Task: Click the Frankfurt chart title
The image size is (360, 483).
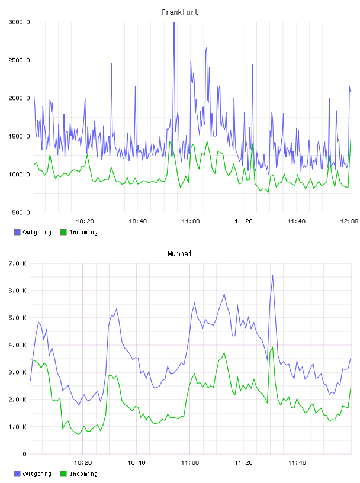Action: point(180,12)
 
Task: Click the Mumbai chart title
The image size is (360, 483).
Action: point(179,254)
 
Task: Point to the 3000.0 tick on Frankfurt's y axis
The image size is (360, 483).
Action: point(19,22)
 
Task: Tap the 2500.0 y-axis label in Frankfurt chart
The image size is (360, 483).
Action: point(19,60)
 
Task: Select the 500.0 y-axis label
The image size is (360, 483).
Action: point(21,212)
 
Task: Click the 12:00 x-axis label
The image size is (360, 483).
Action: point(349,221)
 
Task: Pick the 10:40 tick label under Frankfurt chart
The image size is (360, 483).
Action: point(138,221)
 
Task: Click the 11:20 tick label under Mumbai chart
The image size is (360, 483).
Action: point(243,463)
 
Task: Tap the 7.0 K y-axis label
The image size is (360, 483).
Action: point(17,263)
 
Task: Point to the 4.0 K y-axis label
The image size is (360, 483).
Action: point(17,345)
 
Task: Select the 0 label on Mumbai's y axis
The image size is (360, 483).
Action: point(24,454)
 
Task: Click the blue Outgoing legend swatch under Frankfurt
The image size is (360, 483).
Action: point(17,232)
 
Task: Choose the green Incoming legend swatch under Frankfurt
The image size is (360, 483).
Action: point(63,232)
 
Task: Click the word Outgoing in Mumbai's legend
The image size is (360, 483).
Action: point(37,474)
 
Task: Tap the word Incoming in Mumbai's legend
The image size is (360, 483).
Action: point(83,474)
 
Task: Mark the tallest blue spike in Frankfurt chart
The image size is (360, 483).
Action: point(174,23)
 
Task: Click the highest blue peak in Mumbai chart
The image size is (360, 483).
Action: point(272,276)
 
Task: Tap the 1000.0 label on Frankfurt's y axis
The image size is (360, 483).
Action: point(19,175)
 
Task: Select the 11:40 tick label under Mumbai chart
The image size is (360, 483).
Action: point(297,463)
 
